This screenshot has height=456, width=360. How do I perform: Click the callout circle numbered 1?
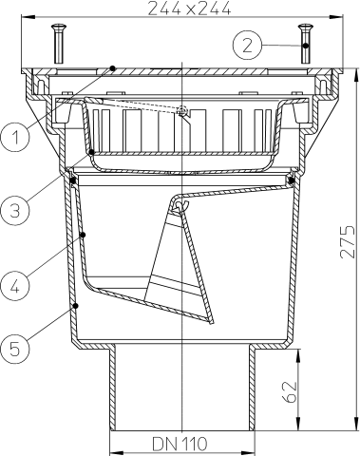click(14, 138)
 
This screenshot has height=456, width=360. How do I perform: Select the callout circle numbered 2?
click(248, 45)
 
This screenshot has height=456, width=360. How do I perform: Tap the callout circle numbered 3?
click(14, 210)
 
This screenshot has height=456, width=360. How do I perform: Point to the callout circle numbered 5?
click(14, 350)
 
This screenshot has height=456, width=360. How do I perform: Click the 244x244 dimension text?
click(189, 9)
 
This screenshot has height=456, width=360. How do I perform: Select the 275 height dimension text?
click(348, 241)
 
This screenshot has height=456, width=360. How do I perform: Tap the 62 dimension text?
click(290, 391)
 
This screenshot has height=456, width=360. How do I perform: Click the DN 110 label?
click(180, 444)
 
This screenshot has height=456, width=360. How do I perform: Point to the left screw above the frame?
click(59, 44)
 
